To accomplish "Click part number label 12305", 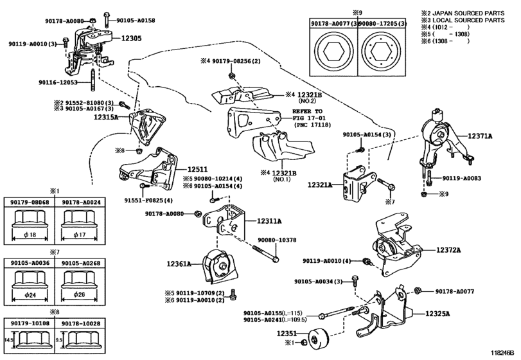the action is pyautogui.click(x=131, y=38).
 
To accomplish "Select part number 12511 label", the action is pyautogui.click(x=197, y=169).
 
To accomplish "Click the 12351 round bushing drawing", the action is pyautogui.click(x=318, y=339).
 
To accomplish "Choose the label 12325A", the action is pyautogui.click(x=437, y=314).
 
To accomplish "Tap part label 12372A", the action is pyautogui.click(x=448, y=250).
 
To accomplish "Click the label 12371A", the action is pyautogui.click(x=480, y=136).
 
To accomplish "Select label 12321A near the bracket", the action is pyautogui.click(x=320, y=184).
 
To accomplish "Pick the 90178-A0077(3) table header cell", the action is pyautogui.click(x=333, y=24).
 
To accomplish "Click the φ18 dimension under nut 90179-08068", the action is pyautogui.click(x=30, y=235).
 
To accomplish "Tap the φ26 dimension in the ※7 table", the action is pyautogui.click(x=80, y=294).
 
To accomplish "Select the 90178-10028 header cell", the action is pyautogui.click(x=79, y=323).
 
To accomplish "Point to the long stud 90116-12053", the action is pyautogui.click(x=93, y=79).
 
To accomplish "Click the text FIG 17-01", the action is pyautogui.click(x=309, y=118).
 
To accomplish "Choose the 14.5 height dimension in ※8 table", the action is pyautogui.click(x=8, y=340).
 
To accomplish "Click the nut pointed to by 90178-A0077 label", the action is pyautogui.click(x=418, y=291).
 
